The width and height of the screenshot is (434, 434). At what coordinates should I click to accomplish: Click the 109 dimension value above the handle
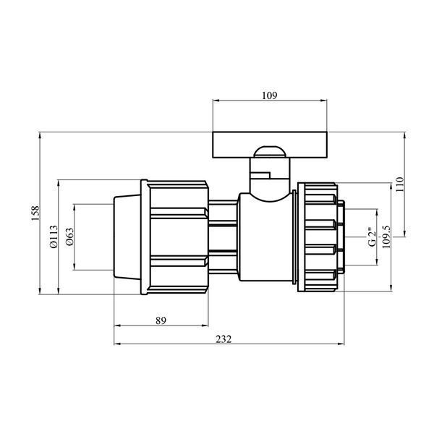(x=269, y=95)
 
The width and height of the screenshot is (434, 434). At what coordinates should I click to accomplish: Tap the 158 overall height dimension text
(x=35, y=213)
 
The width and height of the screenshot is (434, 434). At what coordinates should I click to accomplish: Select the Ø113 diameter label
(x=54, y=237)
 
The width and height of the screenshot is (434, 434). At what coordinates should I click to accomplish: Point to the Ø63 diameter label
(x=69, y=237)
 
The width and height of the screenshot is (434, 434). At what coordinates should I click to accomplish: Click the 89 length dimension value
(x=161, y=320)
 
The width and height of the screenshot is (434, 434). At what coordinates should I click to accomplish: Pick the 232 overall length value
(x=224, y=339)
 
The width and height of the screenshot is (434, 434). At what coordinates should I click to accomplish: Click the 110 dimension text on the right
(x=400, y=184)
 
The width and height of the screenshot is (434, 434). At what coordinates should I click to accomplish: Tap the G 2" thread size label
(x=373, y=236)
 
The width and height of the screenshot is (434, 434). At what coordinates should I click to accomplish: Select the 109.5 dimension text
(x=386, y=237)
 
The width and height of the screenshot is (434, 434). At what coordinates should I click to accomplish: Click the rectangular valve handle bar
(x=270, y=145)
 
